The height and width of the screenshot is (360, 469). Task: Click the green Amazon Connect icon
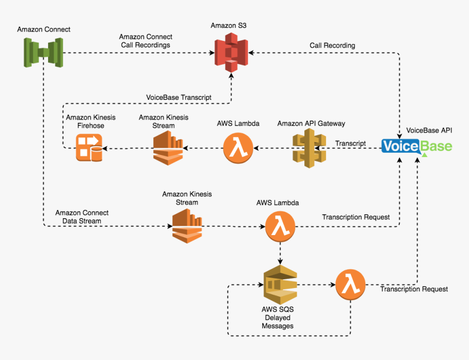43,53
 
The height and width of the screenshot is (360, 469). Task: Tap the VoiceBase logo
417,146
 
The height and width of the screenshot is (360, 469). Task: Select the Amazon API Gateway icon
310,148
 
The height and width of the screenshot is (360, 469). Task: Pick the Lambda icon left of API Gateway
238,148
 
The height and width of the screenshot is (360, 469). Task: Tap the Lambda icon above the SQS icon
280,226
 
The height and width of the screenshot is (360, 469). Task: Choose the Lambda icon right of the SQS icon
351,285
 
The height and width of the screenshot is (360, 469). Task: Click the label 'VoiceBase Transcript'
179,98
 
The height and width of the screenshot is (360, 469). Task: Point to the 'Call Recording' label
332,45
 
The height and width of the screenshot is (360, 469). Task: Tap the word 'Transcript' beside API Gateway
350,143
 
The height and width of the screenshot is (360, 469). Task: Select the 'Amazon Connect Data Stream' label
82,217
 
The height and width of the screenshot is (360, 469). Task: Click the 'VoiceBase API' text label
429,130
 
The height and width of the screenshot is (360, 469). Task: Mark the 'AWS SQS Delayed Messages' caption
278,317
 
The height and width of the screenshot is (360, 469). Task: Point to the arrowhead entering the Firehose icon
106,148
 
